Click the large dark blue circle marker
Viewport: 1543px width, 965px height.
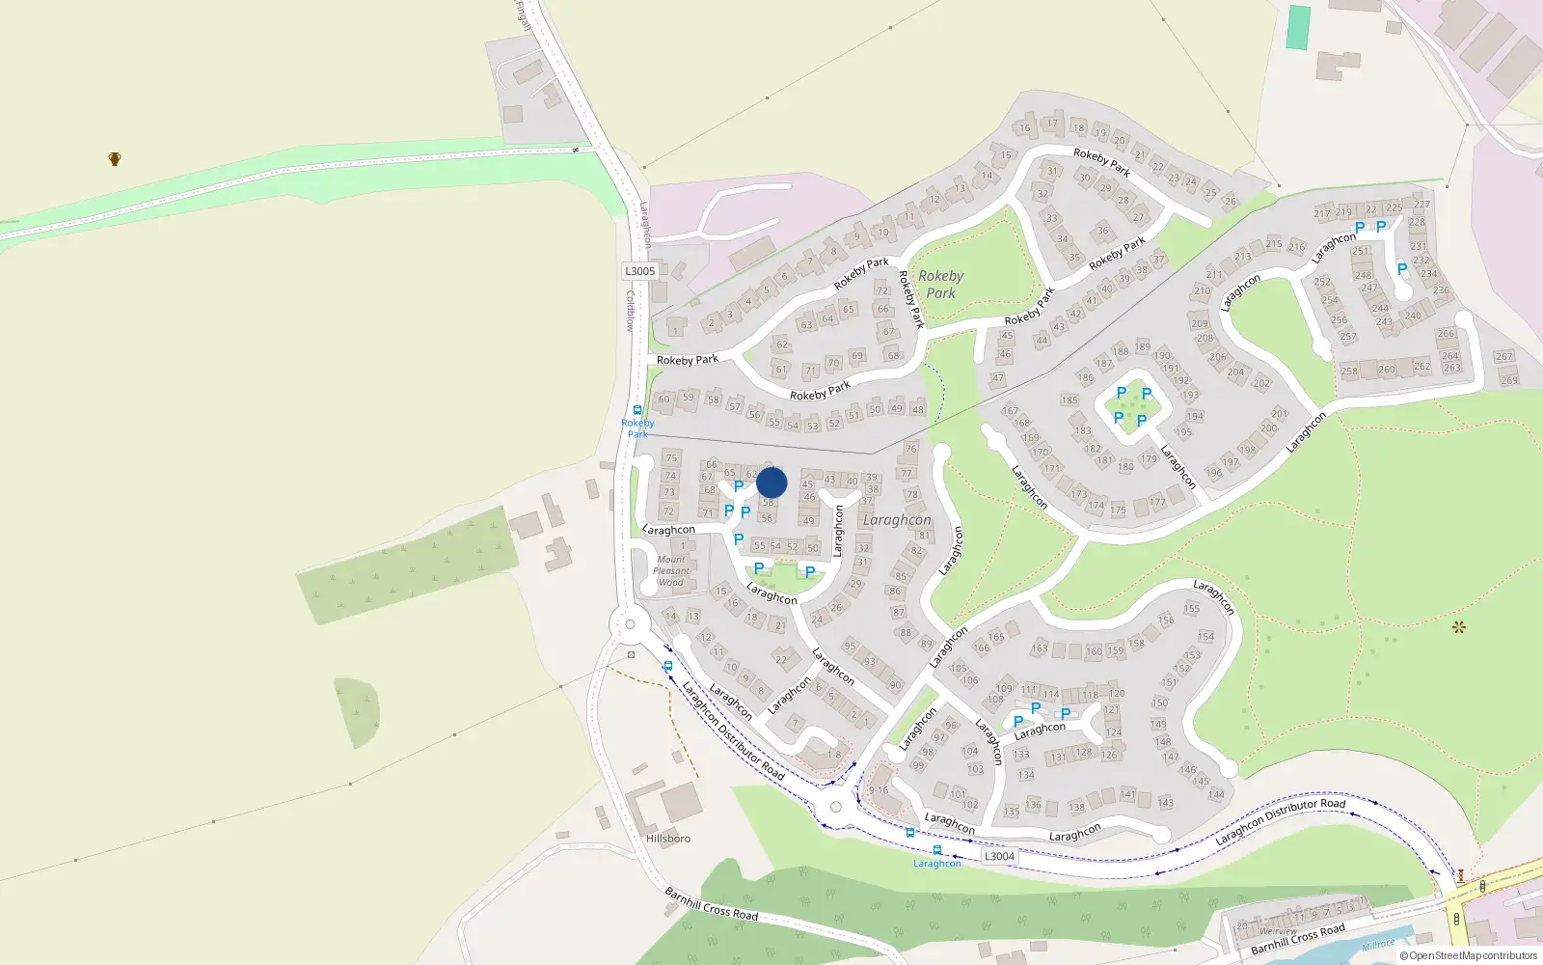click(771, 482)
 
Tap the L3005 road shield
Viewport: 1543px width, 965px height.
click(639, 271)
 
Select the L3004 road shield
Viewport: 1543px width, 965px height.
click(999, 856)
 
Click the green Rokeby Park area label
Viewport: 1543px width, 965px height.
click(940, 285)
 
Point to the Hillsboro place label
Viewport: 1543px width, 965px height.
click(668, 839)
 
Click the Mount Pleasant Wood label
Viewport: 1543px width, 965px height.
click(671, 570)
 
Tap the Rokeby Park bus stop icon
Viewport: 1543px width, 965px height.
click(637, 410)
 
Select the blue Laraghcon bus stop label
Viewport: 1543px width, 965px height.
click(936, 864)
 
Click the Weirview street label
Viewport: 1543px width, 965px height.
click(1278, 931)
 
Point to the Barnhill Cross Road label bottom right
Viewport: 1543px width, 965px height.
click(1297, 939)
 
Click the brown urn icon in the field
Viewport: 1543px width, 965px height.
click(115, 159)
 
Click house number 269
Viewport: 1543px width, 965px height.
click(1509, 380)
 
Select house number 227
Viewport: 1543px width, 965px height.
click(1421, 205)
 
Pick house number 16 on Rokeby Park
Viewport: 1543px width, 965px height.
click(1024, 128)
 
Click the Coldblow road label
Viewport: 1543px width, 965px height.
click(629, 311)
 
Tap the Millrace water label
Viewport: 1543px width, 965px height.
click(1378, 945)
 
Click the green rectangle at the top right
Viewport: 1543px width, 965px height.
click(1299, 28)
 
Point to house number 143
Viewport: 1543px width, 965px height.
click(1165, 803)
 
